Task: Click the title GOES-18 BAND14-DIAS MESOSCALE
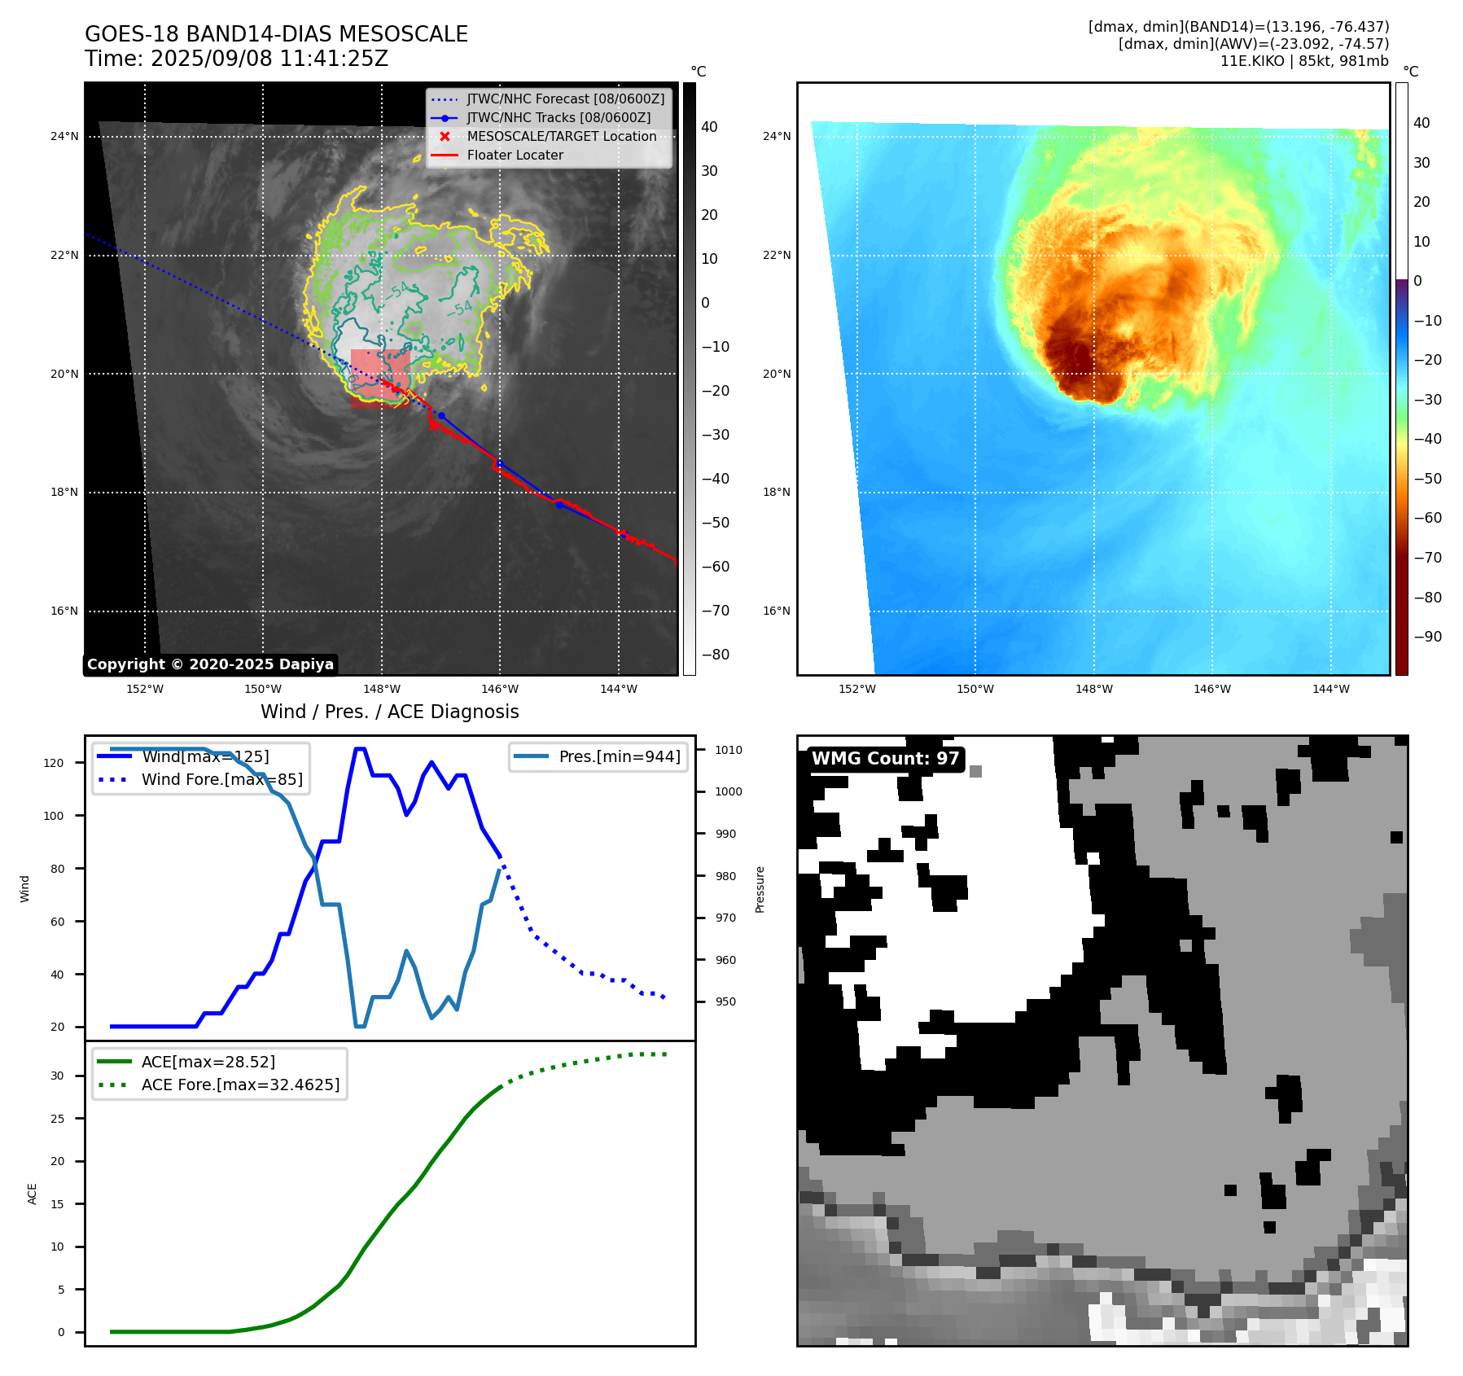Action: click(x=276, y=34)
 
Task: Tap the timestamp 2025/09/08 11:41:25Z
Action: click(x=269, y=59)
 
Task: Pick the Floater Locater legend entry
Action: click(x=515, y=155)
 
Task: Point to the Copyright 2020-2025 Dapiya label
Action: click(x=210, y=664)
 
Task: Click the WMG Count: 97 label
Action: click(x=885, y=759)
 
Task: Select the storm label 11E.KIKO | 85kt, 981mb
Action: click(x=1303, y=61)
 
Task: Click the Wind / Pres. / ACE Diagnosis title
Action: click(x=389, y=712)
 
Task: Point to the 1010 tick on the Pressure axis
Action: click(x=729, y=750)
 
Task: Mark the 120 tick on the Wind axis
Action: click(x=54, y=763)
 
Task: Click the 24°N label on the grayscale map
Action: click(x=64, y=136)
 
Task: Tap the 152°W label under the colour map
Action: click(x=856, y=689)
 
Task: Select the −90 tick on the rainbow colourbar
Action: click(x=1427, y=637)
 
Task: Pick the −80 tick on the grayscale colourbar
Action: click(x=716, y=655)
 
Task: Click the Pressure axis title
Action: click(x=760, y=889)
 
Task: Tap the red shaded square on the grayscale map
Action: click(x=380, y=378)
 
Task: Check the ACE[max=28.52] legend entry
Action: click(x=208, y=1062)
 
